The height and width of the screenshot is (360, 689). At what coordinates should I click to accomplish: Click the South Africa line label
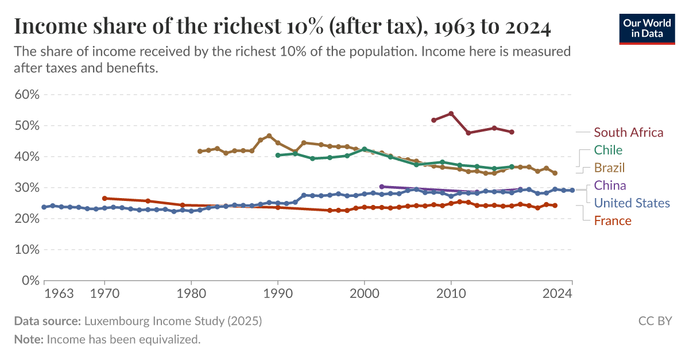pyautogui.click(x=628, y=133)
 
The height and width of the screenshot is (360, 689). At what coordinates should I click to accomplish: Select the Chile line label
pyautogui.click(x=608, y=150)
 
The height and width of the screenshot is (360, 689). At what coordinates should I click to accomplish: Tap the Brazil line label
pyautogui.click(x=609, y=168)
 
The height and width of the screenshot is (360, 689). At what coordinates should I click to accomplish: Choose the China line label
pyautogui.click(x=610, y=185)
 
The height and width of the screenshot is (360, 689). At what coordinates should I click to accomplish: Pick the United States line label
pyautogui.click(x=632, y=203)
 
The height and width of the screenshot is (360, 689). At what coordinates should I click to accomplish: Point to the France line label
pyautogui.click(x=612, y=220)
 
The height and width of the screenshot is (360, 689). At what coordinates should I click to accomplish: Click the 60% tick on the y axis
pyautogui.click(x=26, y=95)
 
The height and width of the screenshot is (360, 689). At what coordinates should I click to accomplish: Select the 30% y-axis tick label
pyautogui.click(x=26, y=188)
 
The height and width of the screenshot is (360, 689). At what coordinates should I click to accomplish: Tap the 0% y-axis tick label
pyautogui.click(x=29, y=281)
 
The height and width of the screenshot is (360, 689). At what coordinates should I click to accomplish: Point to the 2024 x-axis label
pyautogui.click(x=556, y=294)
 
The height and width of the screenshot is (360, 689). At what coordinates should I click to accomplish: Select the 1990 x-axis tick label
pyautogui.click(x=278, y=294)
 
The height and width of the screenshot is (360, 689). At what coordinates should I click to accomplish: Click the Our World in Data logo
pyautogui.click(x=647, y=28)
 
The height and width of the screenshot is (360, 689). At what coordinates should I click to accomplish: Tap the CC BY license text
pyautogui.click(x=655, y=321)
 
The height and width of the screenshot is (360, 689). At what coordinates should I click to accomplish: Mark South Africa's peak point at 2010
pyautogui.click(x=451, y=114)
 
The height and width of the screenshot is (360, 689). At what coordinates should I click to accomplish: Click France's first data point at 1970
pyautogui.click(x=104, y=198)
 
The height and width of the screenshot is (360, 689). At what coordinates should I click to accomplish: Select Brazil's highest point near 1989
pyautogui.click(x=269, y=136)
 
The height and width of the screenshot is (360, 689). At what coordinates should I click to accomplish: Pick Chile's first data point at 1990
pyautogui.click(x=278, y=155)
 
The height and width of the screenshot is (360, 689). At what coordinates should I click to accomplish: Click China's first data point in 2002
pyautogui.click(x=382, y=187)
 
